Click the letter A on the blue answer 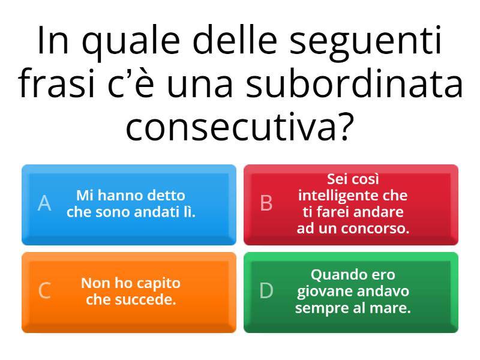tap(44, 204)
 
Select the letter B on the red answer tap(266, 204)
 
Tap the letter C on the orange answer tap(44, 291)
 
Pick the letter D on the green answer tap(266, 291)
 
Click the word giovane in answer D tap(325, 292)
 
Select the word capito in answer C tap(157, 283)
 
